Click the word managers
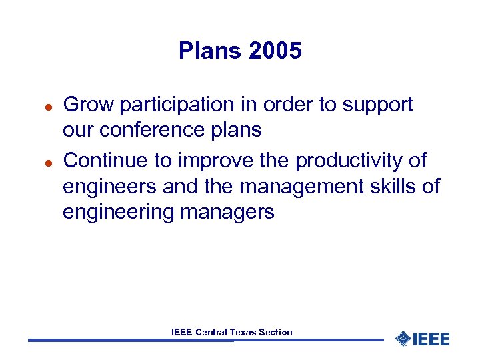point(227,213)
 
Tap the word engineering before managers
point(117,213)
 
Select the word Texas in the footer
point(243,332)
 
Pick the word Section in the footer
point(276,332)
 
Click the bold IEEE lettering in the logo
point(431,339)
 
